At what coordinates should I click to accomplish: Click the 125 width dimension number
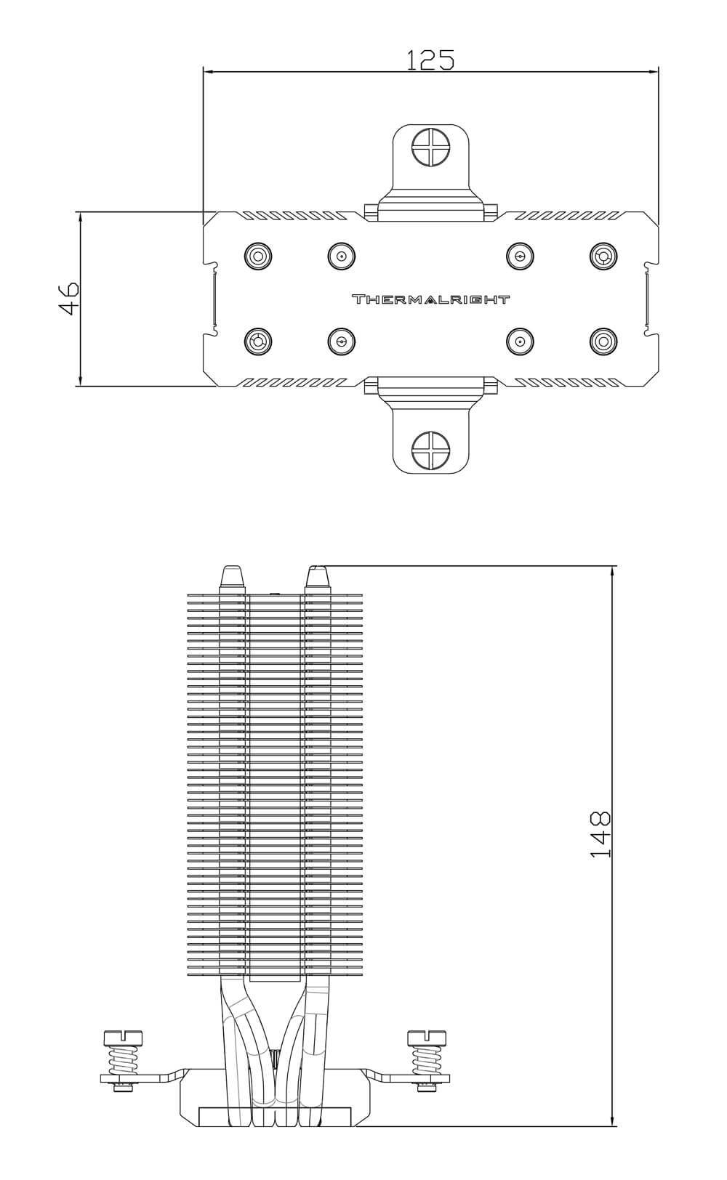tap(430, 60)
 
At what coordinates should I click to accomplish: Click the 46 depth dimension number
tap(70, 298)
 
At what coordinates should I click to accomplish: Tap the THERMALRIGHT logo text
tap(430, 300)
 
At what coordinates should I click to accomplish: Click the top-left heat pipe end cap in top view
tap(258, 256)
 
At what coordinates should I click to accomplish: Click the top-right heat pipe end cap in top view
tap(603, 256)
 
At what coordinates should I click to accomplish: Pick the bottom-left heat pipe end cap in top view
tap(258, 342)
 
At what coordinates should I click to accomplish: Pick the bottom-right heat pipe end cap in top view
tap(603, 342)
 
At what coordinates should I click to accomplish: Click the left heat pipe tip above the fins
tap(233, 580)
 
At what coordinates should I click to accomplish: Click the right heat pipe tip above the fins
tap(318, 580)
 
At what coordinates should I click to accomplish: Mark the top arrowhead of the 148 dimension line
tap(612, 572)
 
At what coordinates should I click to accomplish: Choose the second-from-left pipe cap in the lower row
tap(340, 342)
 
